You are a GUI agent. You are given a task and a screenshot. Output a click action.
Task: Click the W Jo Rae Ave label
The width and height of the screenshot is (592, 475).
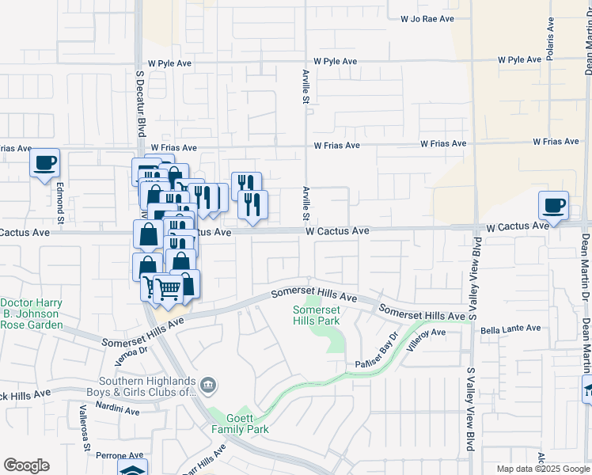427,17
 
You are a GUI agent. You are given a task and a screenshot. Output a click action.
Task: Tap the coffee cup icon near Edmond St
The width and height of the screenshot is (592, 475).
45,163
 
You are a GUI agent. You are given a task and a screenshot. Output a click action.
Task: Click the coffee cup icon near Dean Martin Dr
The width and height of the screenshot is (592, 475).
554,204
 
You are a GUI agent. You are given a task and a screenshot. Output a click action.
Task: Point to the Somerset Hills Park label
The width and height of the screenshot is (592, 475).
317,315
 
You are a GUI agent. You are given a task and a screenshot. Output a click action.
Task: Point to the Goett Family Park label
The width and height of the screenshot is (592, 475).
240,424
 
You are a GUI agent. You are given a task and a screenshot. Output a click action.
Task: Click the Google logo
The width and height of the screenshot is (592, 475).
26,465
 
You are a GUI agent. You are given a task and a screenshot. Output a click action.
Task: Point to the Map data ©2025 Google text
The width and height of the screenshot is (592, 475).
542,469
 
